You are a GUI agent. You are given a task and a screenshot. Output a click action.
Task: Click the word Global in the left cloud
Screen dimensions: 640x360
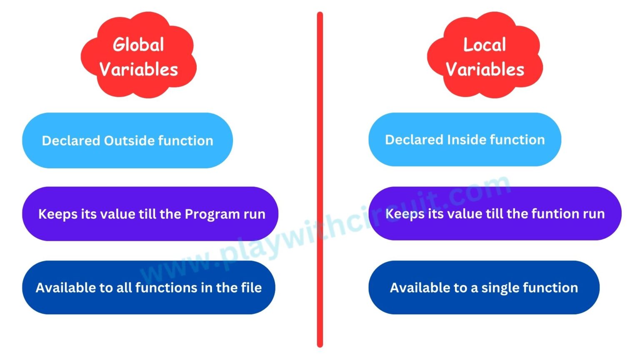click(x=138, y=45)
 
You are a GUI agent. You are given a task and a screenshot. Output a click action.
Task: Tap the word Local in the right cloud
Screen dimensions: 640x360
click(x=485, y=45)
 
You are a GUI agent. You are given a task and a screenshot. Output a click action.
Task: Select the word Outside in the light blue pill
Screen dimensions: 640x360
click(x=129, y=140)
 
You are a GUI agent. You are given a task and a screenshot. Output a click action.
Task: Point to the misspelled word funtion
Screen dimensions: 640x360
click(x=561, y=214)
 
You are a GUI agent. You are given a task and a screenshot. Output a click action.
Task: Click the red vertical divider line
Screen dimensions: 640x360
click(x=320, y=180)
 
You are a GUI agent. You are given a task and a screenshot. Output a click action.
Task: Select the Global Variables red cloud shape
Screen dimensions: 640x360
click(x=139, y=55)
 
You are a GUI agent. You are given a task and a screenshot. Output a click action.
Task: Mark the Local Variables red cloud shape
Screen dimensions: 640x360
click(x=485, y=55)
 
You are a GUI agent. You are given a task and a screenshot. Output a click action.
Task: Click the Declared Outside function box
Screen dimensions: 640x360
click(x=127, y=140)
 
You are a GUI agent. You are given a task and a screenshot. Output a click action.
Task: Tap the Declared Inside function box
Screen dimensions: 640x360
click(x=465, y=140)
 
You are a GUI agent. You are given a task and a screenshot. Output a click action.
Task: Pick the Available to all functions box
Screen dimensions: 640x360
click(x=149, y=287)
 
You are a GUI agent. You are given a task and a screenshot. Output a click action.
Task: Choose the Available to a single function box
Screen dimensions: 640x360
click(x=484, y=287)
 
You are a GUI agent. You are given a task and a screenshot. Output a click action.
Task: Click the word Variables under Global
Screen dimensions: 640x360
click(x=139, y=70)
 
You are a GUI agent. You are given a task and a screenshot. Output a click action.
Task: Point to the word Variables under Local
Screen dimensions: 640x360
click(x=485, y=70)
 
